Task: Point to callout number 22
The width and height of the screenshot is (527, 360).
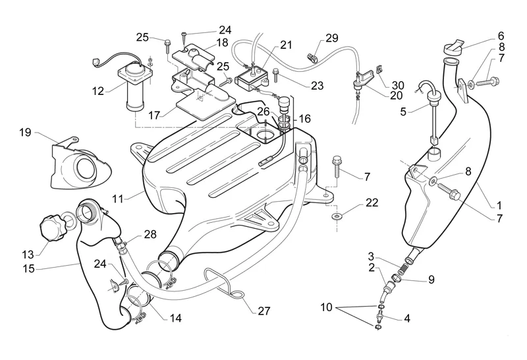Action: [372, 203]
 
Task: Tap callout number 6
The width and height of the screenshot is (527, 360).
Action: [500, 35]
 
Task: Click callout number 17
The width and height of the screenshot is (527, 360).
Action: [155, 114]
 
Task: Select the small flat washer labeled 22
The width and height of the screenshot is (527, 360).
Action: [337, 215]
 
